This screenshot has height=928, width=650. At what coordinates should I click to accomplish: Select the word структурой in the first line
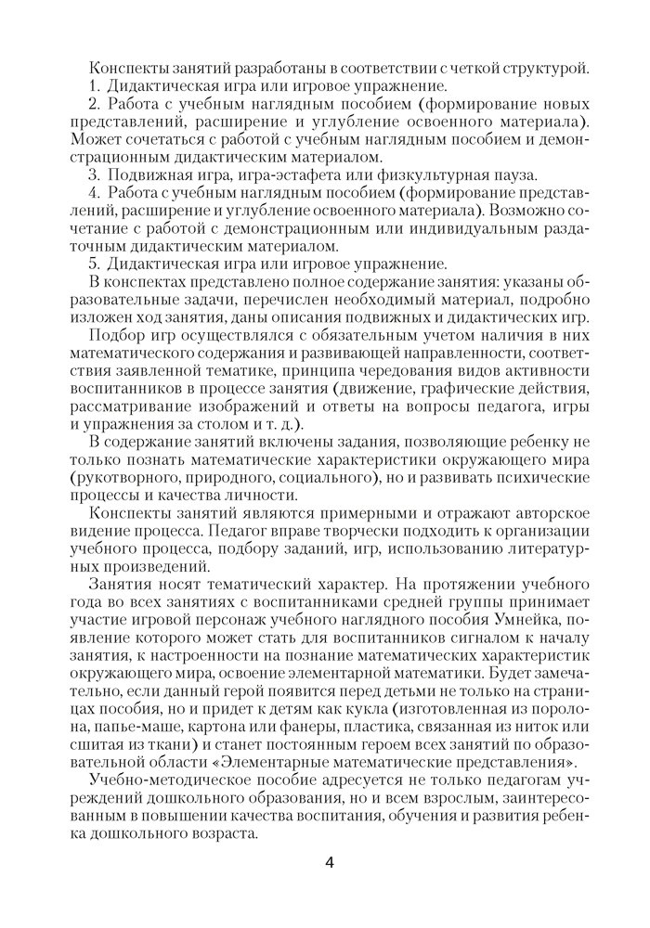[544, 67]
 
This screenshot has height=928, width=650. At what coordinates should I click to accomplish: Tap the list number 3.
[94, 174]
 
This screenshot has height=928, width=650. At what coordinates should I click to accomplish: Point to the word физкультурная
[436, 174]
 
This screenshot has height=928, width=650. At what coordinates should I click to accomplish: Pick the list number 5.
[94, 263]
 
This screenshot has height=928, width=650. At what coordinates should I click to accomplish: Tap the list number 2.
[94, 103]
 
